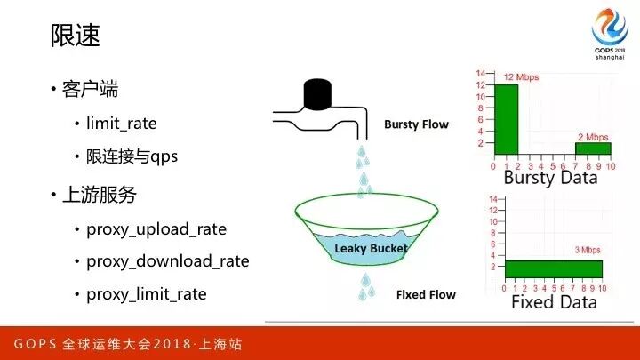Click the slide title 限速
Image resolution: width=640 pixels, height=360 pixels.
click(75, 35)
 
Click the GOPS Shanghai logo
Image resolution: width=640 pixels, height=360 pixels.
click(610, 34)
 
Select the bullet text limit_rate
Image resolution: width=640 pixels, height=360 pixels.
click(122, 124)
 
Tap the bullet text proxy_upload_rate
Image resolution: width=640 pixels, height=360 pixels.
click(156, 229)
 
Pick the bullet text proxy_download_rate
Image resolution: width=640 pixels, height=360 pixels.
click(168, 261)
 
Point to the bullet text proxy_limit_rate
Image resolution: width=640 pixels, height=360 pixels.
click(147, 294)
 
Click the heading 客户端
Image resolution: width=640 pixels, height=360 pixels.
click(90, 89)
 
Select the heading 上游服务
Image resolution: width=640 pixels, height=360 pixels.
click(100, 195)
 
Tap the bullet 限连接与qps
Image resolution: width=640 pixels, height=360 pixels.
click(132, 156)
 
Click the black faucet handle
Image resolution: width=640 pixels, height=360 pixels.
click(317, 94)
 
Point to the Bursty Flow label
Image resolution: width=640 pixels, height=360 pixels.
click(416, 124)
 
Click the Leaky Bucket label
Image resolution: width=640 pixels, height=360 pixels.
click(371, 249)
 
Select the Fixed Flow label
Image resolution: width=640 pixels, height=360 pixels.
click(426, 295)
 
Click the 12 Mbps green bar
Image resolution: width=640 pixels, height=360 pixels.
click(506, 120)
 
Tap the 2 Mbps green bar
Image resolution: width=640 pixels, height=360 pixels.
click(593, 148)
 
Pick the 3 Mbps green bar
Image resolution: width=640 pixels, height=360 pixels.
click(554, 269)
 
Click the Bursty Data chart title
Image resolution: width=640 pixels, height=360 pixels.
click(550, 178)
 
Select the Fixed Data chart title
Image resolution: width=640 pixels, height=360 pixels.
click(554, 302)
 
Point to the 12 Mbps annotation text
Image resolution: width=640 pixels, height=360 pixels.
click(521, 77)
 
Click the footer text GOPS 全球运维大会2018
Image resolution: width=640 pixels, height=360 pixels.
click(102, 344)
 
